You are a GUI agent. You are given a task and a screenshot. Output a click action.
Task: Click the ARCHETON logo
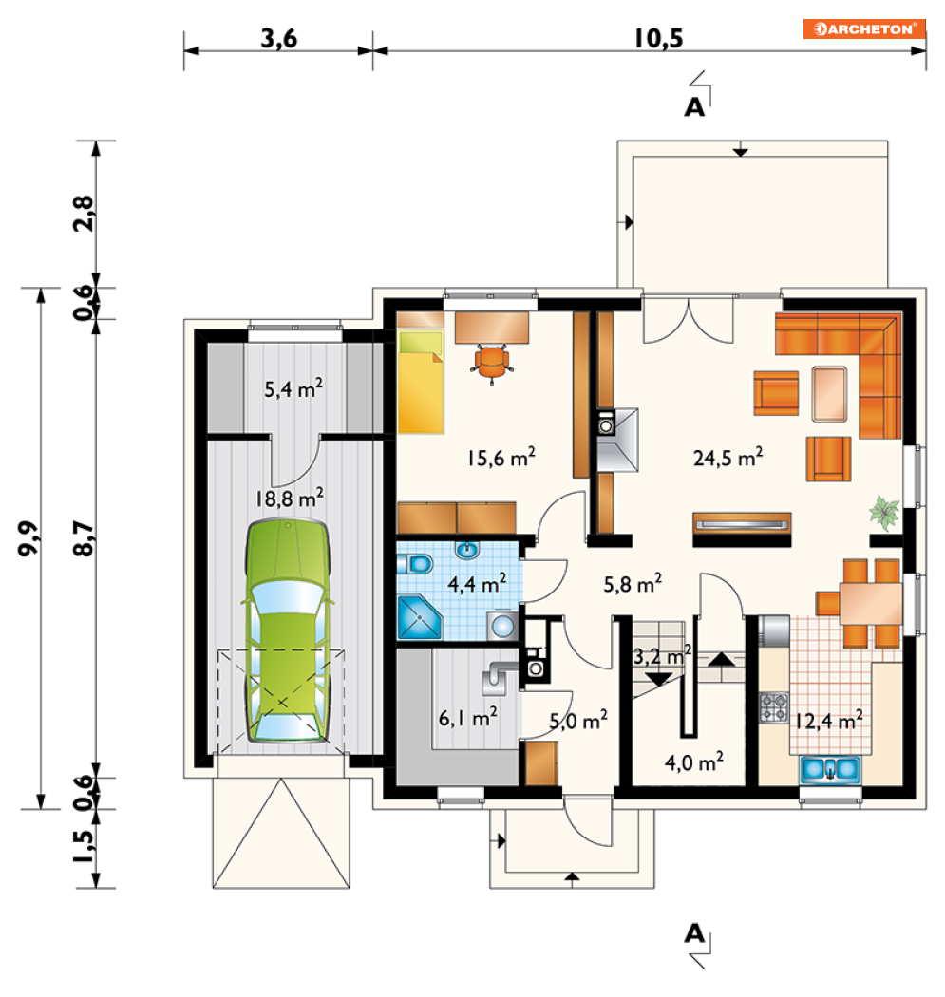coord(863,28)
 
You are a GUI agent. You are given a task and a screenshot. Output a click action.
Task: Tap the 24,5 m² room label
coord(728,457)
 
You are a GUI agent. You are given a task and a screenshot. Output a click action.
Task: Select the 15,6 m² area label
coord(501,457)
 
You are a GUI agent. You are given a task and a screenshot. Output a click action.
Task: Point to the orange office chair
coord(492,363)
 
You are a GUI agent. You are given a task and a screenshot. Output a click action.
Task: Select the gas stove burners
coord(774,707)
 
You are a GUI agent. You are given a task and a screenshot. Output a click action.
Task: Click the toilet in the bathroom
coord(415,564)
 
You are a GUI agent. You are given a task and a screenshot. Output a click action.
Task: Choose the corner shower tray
coord(419,617)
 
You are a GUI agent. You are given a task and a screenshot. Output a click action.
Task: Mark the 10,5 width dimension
coord(658,38)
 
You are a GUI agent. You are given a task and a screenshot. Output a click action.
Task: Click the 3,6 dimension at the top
coord(278,38)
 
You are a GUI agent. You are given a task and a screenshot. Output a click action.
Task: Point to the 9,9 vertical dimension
coord(28,538)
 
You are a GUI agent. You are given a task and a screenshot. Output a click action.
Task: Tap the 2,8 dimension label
coord(84,214)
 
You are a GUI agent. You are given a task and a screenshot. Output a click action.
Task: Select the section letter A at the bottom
coord(694,933)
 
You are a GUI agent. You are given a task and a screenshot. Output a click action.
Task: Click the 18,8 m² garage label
coord(290,498)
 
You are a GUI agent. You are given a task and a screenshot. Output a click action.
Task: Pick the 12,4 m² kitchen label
coord(828,721)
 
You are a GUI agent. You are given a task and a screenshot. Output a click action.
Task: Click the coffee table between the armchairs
coord(829,394)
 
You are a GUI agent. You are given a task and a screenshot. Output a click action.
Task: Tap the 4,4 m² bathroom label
coord(477,583)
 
